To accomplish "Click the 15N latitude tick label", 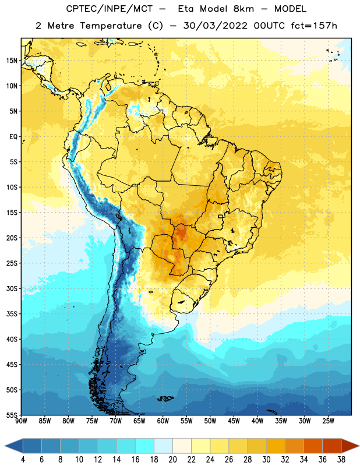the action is pyautogui.click(x=12, y=61).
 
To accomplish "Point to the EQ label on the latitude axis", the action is pyautogui.click(x=13, y=137).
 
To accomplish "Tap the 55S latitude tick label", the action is pyautogui.click(x=12, y=415).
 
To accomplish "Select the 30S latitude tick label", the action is pyautogui.click(x=12, y=288).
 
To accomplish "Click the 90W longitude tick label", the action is pyautogui.click(x=21, y=421).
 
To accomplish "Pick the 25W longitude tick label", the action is pyautogui.click(x=328, y=421).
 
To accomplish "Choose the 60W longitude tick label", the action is pyautogui.click(x=163, y=421).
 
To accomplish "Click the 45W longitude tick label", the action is pyautogui.click(x=234, y=421).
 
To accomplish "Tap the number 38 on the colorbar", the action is pyautogui.click(x=341, y=460).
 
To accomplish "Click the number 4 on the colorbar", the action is pyautogui.click(x=23, y=460).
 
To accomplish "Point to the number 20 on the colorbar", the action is pyautogui.click(x=172, y=460).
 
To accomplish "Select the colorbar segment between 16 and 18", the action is pyautogui.click(x=145, y=446).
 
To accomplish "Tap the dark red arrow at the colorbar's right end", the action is pyautogui.click(x=350, y=446).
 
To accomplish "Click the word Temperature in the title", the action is pyautogui.click(x=111, y=26).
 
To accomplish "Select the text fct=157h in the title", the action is pyautogui.click(x=314, y=26).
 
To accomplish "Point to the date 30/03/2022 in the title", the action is pyautogui.click(x=215, y=26).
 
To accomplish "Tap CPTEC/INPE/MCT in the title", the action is pyautogui.click(x=110, y=9).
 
